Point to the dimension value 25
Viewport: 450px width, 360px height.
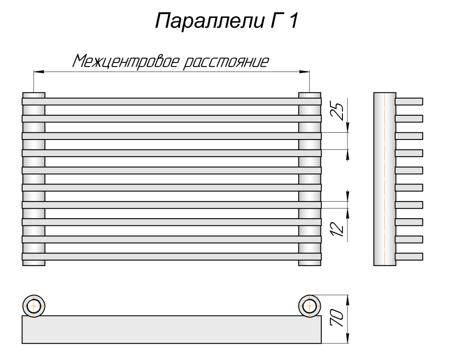coord(338,111)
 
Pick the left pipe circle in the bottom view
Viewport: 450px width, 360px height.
coord(34,306)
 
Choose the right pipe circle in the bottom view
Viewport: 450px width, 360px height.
coord(310,306)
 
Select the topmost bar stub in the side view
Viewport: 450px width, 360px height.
coord(409,102)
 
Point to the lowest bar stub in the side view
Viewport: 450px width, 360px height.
coord(409,256)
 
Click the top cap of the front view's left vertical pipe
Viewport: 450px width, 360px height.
coord(34,94)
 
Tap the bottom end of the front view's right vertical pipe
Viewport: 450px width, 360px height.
coord(310,263)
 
